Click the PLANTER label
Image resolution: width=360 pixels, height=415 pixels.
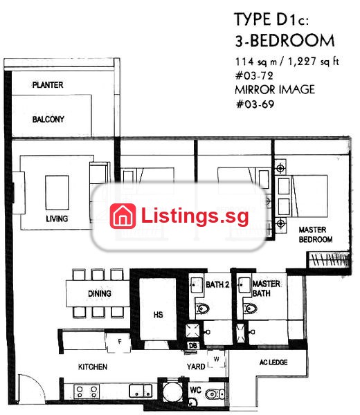[48, 85]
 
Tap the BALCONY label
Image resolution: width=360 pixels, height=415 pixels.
[48, 120]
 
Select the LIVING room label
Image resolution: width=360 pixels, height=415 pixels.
[57, 219]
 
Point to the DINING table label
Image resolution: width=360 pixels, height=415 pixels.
[100, 293]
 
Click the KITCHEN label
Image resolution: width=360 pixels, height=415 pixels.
[93, 367]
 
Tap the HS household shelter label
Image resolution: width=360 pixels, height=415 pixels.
[158, 315]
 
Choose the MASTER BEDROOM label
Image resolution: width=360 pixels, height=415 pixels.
[316, 234]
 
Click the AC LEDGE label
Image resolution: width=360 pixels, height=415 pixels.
[273, 362]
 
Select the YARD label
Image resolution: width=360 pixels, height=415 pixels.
[196, 367]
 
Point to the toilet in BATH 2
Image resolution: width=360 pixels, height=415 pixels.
[203, 308]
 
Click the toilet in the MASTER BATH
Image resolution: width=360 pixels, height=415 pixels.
[251, 308]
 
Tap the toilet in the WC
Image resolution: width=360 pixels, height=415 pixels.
[215, 394]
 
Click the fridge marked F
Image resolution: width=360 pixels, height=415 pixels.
[119, 342]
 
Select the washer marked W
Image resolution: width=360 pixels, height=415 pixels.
[217, 359]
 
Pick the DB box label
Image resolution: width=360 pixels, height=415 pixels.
[193, 345]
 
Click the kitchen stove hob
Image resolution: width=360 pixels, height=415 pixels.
[87, 392]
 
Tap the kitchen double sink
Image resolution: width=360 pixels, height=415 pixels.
[141, 391]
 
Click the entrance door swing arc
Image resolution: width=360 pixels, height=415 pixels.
[37, 384]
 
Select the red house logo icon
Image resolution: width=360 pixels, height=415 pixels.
[123, 216]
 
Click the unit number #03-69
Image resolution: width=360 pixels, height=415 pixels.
[255, 104]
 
